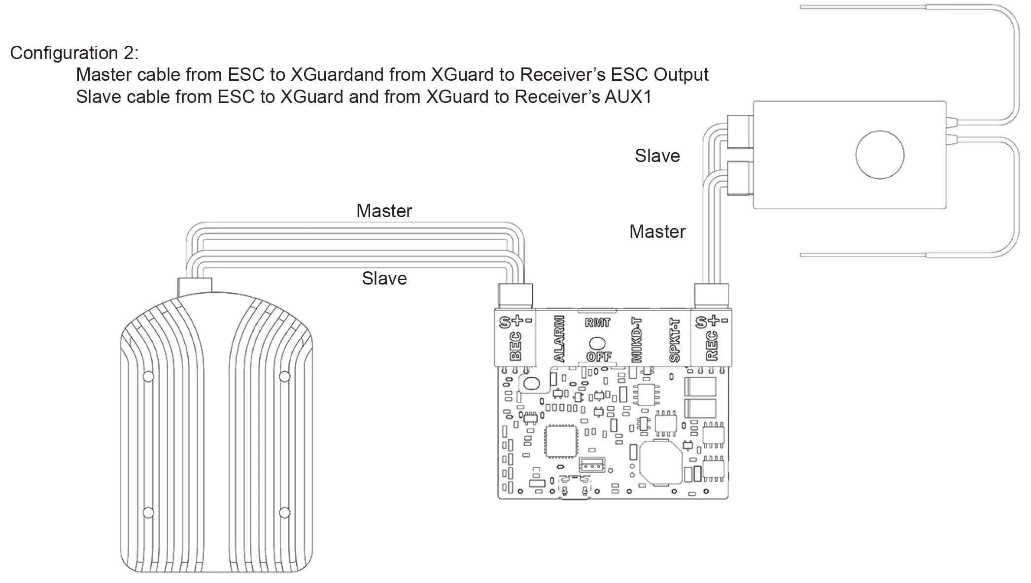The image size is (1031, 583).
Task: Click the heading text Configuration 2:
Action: click(x=74, y=53)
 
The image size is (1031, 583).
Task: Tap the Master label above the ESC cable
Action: click(x=384, y=211)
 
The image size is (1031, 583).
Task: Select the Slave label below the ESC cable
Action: click(x=384, y=278)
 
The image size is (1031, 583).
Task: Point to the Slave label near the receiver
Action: click(x=657, y=156)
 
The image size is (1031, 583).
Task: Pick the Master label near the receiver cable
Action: click(x=657, y=231)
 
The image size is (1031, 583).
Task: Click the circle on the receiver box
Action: click(x=880, y=155)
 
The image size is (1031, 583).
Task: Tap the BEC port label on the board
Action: click(x=515, y=346)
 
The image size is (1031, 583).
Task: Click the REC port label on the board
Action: click(x=712, y=346)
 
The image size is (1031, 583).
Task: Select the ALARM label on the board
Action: click(x=559, y=339)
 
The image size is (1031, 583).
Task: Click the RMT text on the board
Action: click(x=597, y=323)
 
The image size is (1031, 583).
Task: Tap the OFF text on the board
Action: click(x=598, y=356)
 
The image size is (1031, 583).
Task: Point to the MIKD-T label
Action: click(x=637, y=340)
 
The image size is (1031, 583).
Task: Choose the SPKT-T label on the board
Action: click(x=675, y=340)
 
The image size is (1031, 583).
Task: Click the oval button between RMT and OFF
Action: click(x=597, y=342)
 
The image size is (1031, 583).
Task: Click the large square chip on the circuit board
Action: click(x=561, y=441)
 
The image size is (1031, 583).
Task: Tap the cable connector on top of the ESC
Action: click(x=195, y=286)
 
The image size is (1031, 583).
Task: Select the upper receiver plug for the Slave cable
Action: click(x=739, y=131)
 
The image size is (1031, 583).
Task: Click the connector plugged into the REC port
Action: click(x=711, y=295)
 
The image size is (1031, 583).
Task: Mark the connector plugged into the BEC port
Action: click(x=515, y=295)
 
